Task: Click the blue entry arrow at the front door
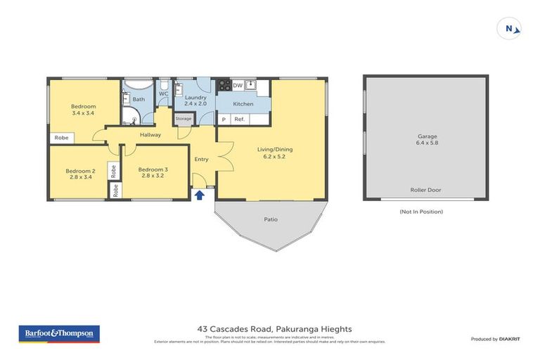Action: [199, 195]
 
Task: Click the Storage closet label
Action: [184, 119]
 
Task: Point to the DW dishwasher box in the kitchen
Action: [238, 86]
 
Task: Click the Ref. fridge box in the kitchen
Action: [239, 120]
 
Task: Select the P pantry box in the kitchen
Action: [224, 120]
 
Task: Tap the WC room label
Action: [163, 93]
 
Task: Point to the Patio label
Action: [271, 219]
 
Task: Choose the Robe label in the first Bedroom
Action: [62, 138]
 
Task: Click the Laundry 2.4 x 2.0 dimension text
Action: [195, 103]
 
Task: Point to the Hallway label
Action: [150, 134]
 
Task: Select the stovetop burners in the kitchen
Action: [224, 86]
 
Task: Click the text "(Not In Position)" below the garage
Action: [420, 211]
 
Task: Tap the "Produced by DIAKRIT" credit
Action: [495, 340]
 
